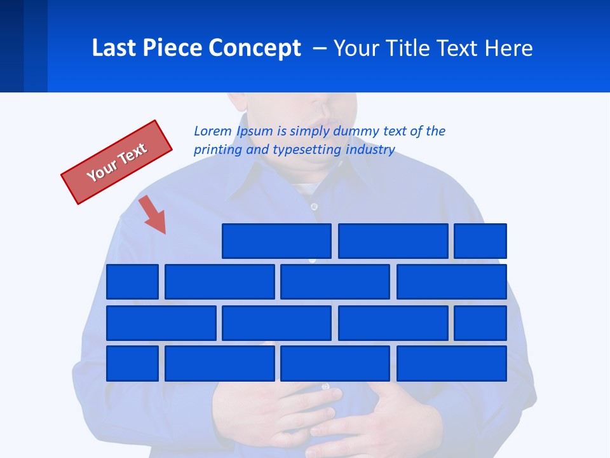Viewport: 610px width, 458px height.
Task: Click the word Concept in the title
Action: [x=257, y=48]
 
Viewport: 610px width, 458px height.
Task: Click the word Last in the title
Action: [x=112, y=48]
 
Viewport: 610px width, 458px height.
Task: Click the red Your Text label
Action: [x=116, y=162]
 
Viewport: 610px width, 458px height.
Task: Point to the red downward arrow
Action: [x=153, y=214]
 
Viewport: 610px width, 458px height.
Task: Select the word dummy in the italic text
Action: [x=359, y=131]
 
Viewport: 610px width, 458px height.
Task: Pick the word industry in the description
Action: [x=370, y=150]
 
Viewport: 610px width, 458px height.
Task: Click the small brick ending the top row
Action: [x=480, y=241]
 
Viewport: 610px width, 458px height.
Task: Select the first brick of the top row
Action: [x=276, y=241]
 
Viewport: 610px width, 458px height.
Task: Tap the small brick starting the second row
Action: [x=132, y=282]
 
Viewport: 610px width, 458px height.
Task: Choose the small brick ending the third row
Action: [x=480, y=323]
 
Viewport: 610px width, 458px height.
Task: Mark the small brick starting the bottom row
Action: [x=132, y=364]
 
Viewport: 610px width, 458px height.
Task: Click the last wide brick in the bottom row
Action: [x=451, y=364]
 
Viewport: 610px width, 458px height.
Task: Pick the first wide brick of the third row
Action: [x=161, y=323]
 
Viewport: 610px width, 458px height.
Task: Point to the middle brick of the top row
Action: [x=393, y=241]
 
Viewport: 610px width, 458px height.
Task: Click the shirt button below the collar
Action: [x=313, y=206]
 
